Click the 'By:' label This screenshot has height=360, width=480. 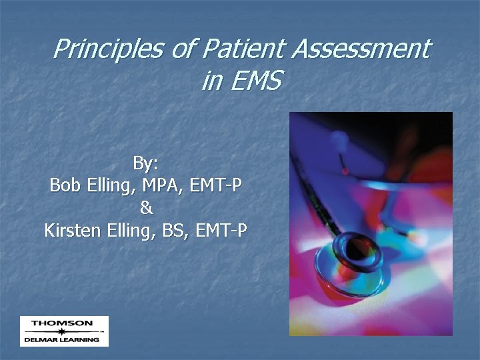(145, 163)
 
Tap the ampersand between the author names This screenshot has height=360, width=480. (146, 209)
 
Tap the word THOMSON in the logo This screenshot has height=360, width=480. (62, 323)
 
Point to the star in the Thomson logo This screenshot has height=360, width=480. (62, 331)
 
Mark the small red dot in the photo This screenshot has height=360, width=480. (345, 171)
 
